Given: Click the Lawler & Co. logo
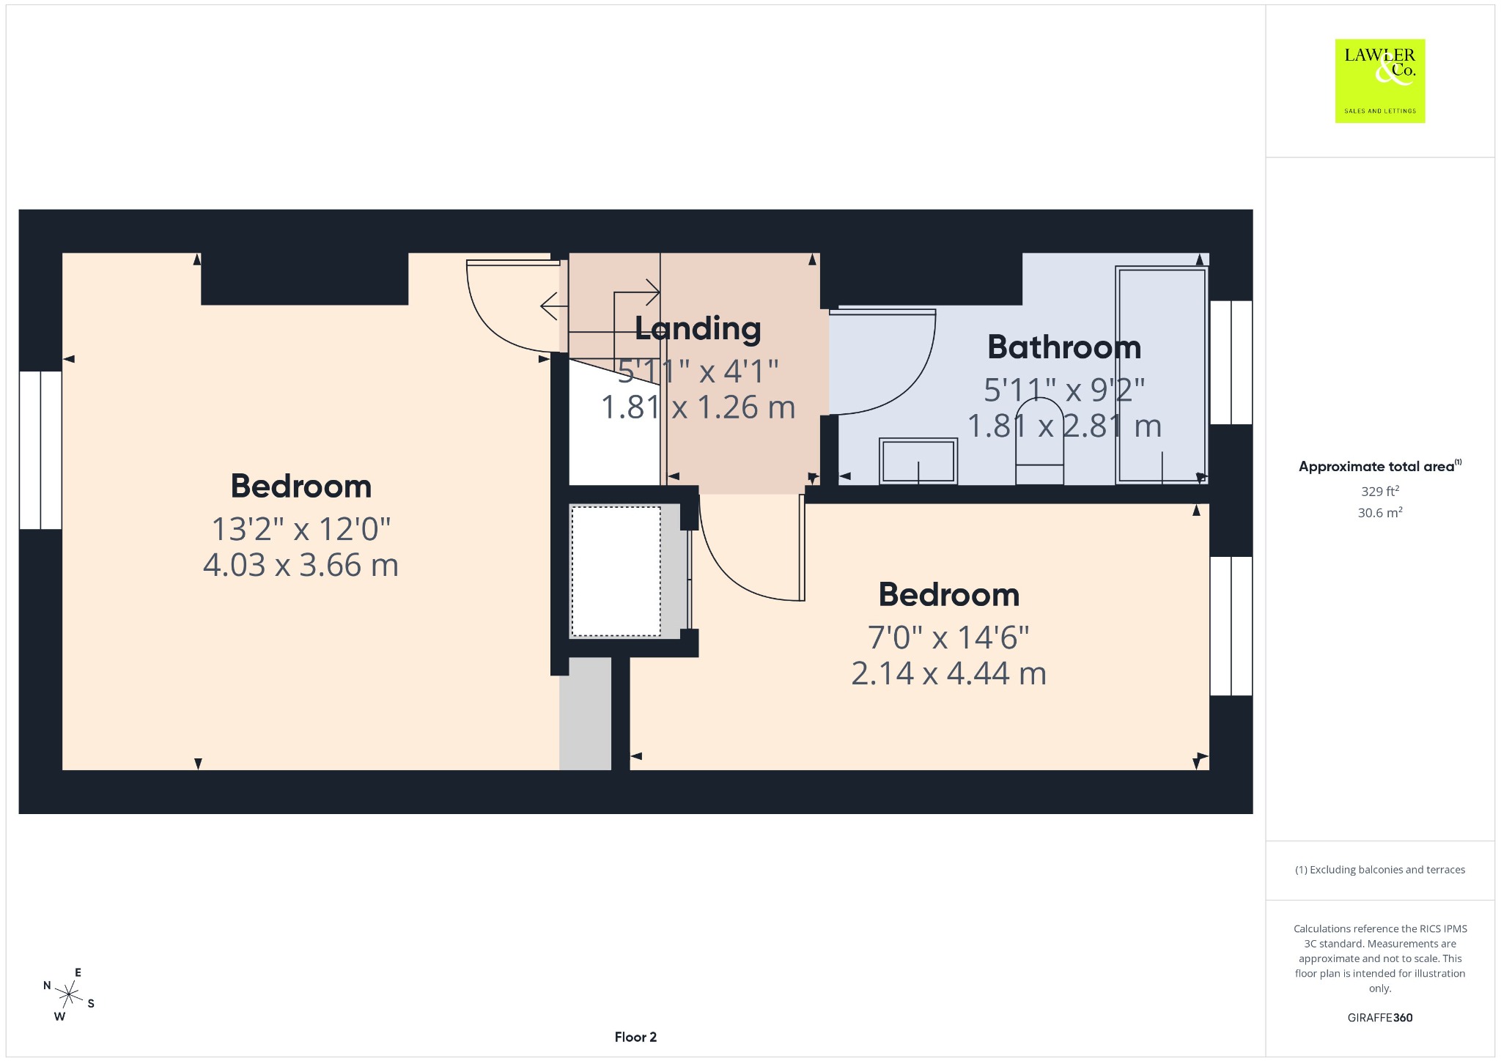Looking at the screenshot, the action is pos(1379,81).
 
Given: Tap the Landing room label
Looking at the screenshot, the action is pos(698,328).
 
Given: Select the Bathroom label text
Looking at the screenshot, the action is pos(1064,347).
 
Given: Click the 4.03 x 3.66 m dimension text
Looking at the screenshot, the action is pos(300,565).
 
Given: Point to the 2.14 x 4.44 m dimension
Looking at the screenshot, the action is pos(948,673).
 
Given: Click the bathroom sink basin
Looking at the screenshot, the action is pos(918,461).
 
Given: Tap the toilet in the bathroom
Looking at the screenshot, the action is pos(1039,441).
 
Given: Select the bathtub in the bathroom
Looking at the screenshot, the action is pos(1161,374).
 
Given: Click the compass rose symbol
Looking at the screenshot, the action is pos(69,995).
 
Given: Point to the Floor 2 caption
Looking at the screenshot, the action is pos(635,1037).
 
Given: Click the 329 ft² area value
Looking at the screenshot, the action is pos(1379,491).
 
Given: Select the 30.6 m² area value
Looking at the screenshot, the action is pos(1379,512).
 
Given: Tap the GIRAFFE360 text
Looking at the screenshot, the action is pos(1379,1017).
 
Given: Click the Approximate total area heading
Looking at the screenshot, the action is pos(1379,466).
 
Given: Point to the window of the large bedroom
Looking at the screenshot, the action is pos(40,450).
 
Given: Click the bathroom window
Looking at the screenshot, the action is pos(1231,362).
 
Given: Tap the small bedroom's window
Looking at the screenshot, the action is pos(1231,626).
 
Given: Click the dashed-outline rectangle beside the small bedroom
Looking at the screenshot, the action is pos(616,571).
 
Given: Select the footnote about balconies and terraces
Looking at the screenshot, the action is pos(1379,870).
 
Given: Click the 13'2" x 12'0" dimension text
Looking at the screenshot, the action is pos(300,528).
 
